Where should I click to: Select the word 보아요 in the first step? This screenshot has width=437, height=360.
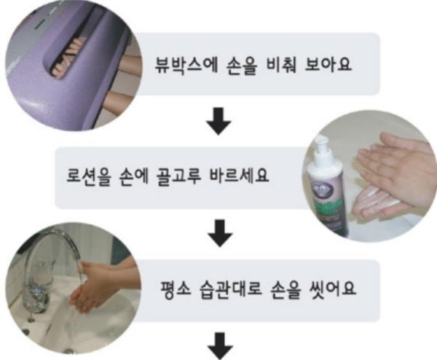328,65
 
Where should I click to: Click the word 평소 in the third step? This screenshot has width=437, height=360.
176,289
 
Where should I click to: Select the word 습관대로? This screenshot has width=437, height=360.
231,289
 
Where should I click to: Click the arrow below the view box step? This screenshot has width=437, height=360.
219,122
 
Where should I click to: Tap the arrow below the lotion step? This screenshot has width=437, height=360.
221,233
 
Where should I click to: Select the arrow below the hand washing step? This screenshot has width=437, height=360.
220,345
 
